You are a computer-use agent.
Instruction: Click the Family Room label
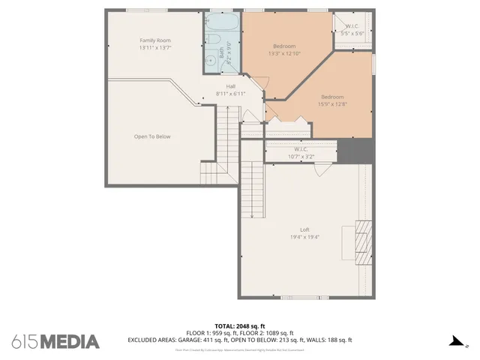pos(155,40)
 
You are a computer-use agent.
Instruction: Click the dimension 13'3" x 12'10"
pos(284,54)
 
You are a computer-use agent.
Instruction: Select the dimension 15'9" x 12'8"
pos(333,104)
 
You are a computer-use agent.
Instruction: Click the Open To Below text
pos(152,136)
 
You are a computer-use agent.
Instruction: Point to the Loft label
pos(304,229)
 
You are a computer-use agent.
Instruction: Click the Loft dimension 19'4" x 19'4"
pos(304,237)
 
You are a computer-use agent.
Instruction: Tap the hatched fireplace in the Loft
pos(363,243)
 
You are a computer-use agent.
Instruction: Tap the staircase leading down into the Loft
pos(253,188)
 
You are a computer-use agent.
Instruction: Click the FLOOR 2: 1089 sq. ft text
pos(271,333)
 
